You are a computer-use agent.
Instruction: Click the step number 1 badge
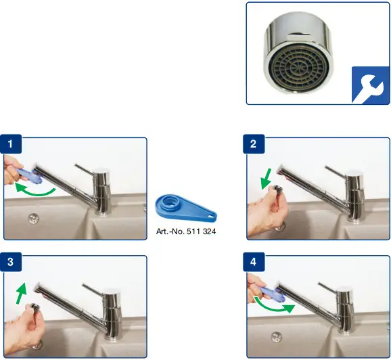[11, 143]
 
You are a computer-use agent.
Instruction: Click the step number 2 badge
[253, 143]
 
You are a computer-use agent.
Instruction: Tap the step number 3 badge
[11, 261]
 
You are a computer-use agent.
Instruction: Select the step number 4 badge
[253, 261]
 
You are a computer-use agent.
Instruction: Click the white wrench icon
[369, 85]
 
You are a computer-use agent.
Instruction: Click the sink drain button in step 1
[32, 218]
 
